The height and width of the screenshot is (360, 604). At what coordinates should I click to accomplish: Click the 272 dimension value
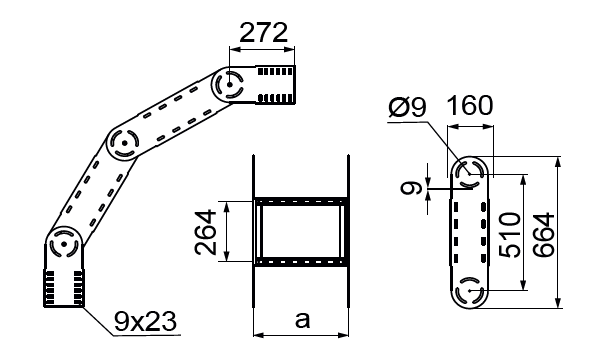[x=263, y=33]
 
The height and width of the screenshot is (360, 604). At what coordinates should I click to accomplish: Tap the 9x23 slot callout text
[x=145, y=322]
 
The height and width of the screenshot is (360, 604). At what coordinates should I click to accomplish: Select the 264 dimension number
[x=206, y=232]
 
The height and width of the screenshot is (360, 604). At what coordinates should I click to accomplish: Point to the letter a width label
[x=302, y=320]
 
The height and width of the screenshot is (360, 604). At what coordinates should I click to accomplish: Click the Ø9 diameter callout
[x=408, y=106]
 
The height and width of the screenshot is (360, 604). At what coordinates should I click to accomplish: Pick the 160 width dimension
[x=470, y=105]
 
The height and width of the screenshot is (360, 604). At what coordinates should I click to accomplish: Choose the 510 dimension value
[x=510, y=234]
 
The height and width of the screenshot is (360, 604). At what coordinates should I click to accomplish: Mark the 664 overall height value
[x=544, y=234]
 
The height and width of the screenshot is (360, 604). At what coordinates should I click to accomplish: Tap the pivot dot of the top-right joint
[x=230, y=84]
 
